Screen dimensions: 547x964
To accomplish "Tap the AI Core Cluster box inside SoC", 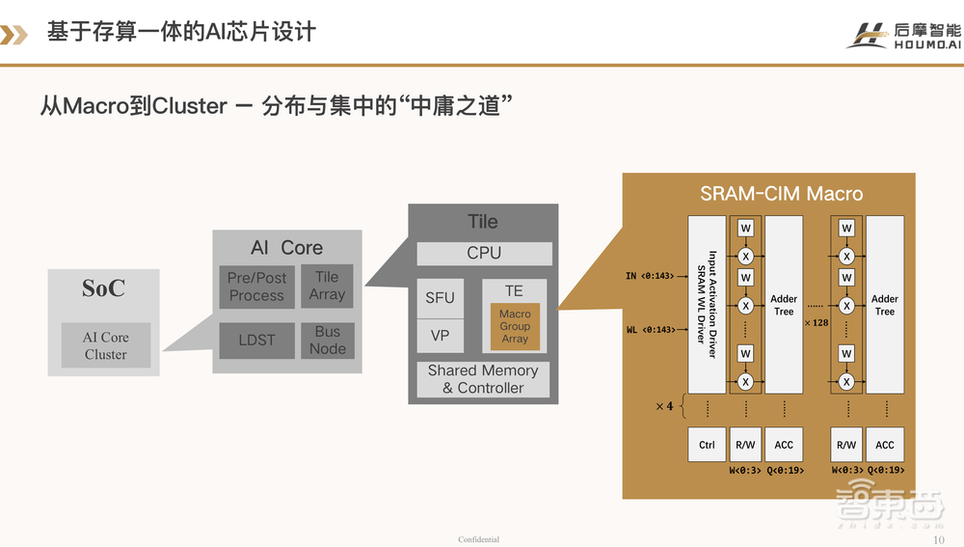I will pyautogui.click(x=105, y=345).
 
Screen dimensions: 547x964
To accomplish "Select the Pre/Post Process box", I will pyautogui.click(x=256, y=287).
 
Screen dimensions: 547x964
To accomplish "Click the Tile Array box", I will pyautogui.click(x=327, y=286).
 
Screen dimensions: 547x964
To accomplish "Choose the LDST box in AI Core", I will pyautogui.click(x=256, y=341).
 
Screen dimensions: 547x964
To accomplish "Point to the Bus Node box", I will pyautogui.click(x=328, y=341).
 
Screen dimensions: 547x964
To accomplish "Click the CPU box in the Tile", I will pyautogui.click(x=484, y=253).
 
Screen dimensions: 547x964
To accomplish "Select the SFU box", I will pyautogui.click(x=440, y=298).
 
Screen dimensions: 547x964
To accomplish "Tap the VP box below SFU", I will pyautogui.click(x=440, y=336).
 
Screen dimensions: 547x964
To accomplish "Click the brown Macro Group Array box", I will pyautogui.click(x=515, y=327).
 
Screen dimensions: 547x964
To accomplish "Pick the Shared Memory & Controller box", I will pyautogui.click(x=483, y=379).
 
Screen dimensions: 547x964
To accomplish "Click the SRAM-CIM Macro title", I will pyautogui.click(x=768, y=194).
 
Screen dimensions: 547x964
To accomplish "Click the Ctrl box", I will pyautogui.click(x=707, y=445).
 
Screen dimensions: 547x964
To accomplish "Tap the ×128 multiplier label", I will pyautogui.click(x=817, y=322).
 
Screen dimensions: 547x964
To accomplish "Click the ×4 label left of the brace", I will pyautogui.click(x=664, y=406).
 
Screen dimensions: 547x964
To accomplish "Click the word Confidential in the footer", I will pyautogui.click(x=479, y=539).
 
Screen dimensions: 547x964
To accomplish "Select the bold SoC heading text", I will pyautogui.click(x=103, y=289).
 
